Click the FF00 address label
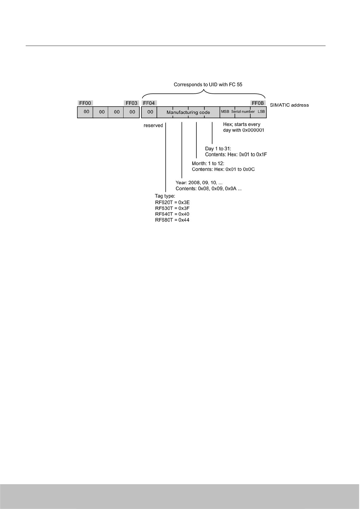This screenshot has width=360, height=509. pos(85,103)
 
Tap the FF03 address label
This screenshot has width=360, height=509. pos(131,103)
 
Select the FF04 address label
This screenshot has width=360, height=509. pos(149,103)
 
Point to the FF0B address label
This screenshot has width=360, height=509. pos(258,103)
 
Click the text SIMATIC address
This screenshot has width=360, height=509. pos(289,105)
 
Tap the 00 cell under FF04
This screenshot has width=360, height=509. pos(150,112)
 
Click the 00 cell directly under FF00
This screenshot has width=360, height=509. pos(86,112)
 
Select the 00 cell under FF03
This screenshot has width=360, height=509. pos(132,112)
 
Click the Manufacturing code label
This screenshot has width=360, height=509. pos(188,112)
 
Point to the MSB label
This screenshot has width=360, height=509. pos(225,112)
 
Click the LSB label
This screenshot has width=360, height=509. pos(261,112)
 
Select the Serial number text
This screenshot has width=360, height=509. pos(243,112)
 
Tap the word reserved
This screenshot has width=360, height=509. pos(153,125)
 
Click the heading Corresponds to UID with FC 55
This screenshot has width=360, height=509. pos(208,85)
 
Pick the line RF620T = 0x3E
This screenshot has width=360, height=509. pos(172,203)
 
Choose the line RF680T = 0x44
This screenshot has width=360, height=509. pos(172,220)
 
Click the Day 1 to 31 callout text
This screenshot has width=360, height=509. pos(218,149)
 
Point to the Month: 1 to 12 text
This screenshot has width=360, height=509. pos(208,164)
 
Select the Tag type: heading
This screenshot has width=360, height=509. pos(165,196)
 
